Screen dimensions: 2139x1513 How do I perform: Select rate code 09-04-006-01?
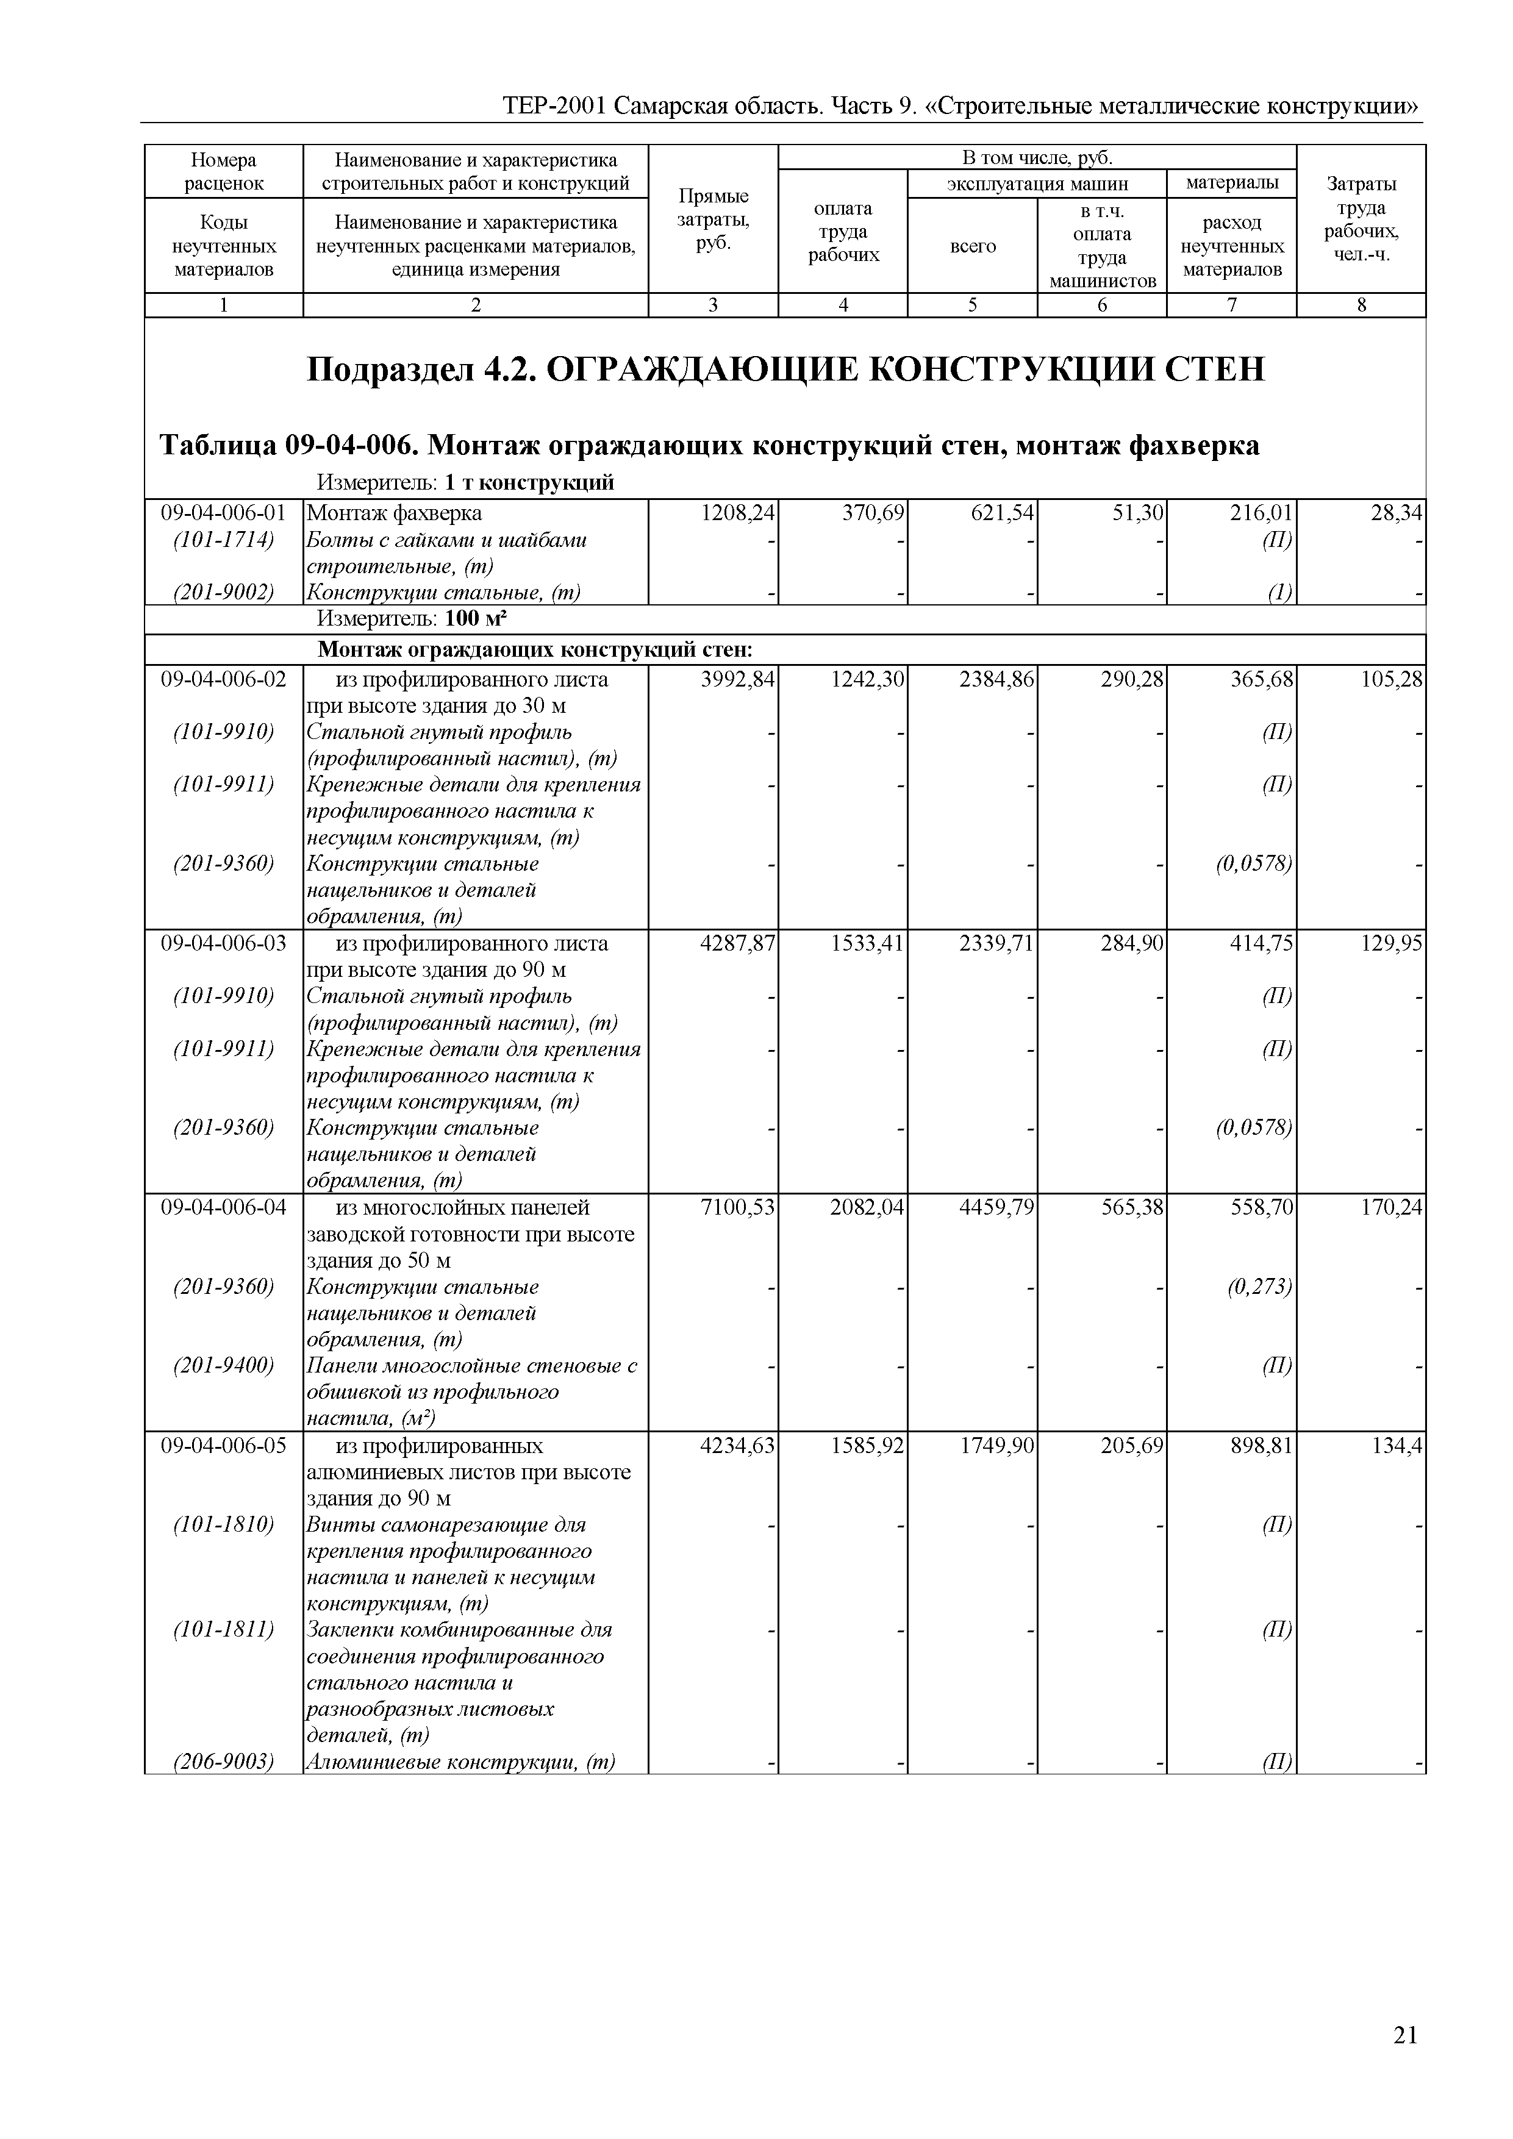pos(224,512)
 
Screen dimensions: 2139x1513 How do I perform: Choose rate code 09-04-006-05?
pos(224,1445)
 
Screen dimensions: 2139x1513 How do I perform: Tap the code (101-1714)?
pos(224,540)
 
